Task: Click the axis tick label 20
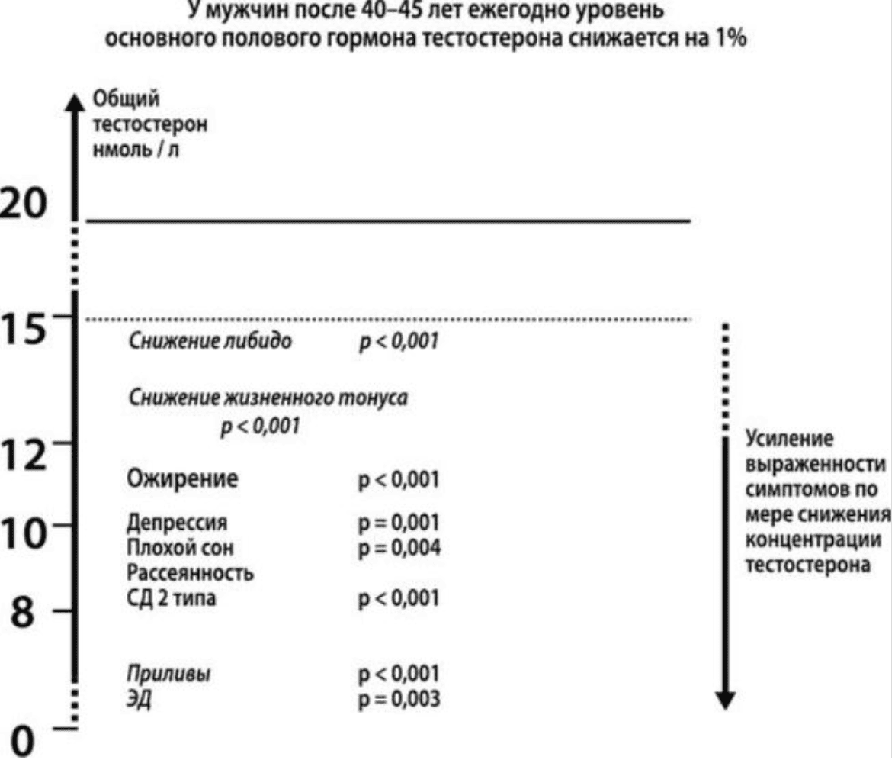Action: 26,204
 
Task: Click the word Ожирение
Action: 181,480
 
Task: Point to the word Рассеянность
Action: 189,572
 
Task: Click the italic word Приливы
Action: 168,674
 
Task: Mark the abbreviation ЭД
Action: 138,698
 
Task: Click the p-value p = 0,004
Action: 399,548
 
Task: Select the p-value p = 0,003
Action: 399,698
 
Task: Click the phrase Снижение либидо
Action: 210,341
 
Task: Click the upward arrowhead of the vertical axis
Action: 73,103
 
